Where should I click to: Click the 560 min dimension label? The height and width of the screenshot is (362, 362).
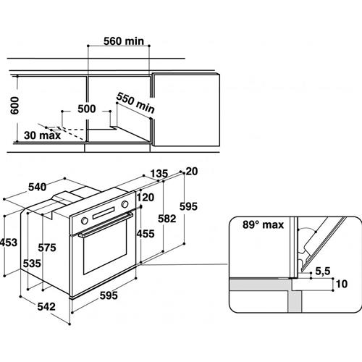point(124,41)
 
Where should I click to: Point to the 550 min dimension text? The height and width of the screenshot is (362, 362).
point(135,103)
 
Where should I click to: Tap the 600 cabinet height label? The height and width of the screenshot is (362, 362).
point(14,106)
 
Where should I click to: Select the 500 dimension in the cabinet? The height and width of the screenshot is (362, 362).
point(87,109)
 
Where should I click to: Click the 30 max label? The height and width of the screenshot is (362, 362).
point(43,135)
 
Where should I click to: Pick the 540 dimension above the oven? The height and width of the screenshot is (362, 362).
point(38,187)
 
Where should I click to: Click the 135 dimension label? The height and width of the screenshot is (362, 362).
point(159,174)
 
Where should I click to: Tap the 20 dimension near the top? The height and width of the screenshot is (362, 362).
point(192,172)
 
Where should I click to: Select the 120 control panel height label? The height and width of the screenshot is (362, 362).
point(146,198)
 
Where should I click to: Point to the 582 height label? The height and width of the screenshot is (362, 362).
point(167,219)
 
